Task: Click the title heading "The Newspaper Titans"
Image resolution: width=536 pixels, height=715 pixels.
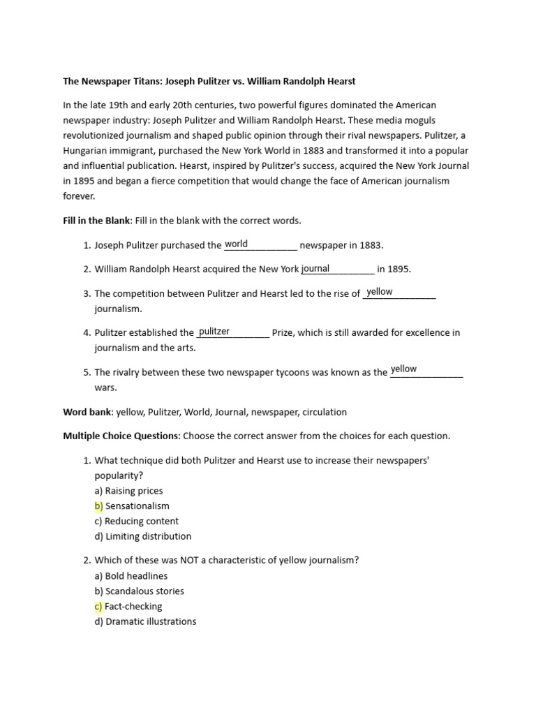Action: click(209, 81)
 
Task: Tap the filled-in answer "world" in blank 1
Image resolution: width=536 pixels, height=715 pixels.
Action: click(236, 244)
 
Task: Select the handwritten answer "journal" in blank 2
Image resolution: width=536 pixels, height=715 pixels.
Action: click(315, 269)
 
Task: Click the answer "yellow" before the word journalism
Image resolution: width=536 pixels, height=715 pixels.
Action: click(380, 292)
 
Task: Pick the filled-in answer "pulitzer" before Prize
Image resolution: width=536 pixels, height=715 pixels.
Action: click(214, 332)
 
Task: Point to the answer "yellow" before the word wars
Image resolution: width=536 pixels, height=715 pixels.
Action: click(403, 369)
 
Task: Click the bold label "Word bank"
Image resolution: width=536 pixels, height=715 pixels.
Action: click(88, 412)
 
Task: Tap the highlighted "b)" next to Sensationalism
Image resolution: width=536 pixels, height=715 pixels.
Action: click(98, 506)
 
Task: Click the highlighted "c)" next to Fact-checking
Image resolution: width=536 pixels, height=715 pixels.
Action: click(98, 606)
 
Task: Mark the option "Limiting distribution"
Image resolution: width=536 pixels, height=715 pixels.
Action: click(147, 536)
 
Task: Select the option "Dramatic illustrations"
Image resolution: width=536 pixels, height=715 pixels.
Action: click(150, 621)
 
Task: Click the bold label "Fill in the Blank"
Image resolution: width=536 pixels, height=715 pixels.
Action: click(96, 221)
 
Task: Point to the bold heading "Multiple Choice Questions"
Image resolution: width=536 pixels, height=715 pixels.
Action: click(121, 436)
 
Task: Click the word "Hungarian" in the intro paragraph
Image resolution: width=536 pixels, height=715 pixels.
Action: click(87, 151)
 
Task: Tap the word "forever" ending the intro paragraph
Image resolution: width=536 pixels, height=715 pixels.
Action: click(78, 196)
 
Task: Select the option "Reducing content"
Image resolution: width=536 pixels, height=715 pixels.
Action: click(142, 521)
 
